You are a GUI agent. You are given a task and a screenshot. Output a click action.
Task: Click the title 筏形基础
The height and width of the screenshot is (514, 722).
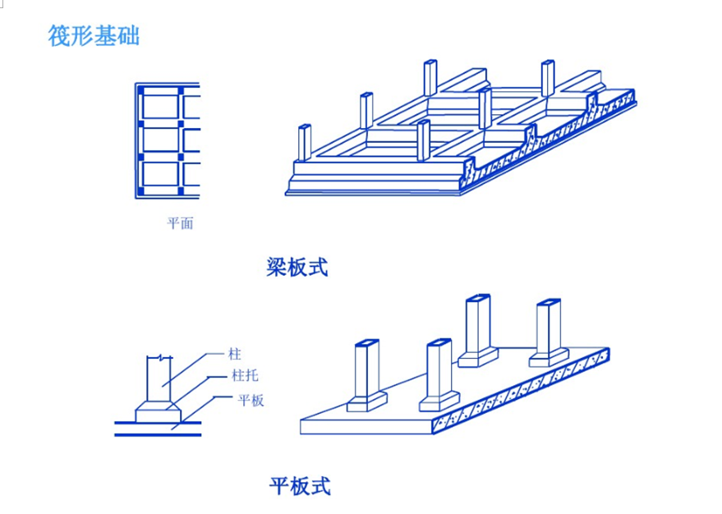[94, 36]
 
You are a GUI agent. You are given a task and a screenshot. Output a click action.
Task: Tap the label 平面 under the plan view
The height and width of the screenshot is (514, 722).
[180, 223]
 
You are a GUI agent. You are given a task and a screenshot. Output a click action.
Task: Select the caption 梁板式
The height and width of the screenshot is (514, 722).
[297, 267]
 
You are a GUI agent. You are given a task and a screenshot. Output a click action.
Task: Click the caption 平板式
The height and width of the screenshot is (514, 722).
[300, 485]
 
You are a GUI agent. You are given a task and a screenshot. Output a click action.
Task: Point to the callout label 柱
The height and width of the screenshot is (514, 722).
[235, 355]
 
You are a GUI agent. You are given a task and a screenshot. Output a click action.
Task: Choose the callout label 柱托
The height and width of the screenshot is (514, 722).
[245, 377]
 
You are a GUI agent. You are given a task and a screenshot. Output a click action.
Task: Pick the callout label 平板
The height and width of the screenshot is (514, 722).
[251, 401]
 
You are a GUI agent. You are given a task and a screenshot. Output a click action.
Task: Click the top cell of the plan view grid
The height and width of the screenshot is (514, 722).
[161, 107]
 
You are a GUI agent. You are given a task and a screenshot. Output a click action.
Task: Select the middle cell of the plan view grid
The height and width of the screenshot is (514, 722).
[161, 139]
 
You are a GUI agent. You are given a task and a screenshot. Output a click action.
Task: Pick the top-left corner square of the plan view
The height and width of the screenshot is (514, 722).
[141, 88]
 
